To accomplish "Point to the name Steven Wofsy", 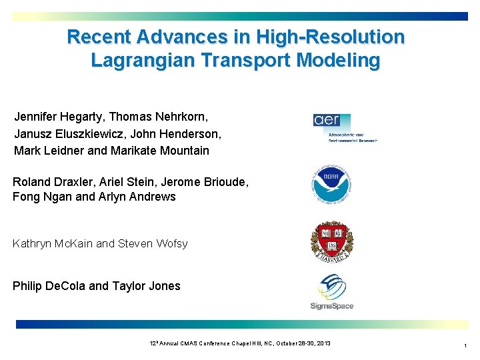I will point(153,243).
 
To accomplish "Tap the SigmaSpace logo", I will point(332,293).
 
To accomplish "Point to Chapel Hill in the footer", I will point(247,343).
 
